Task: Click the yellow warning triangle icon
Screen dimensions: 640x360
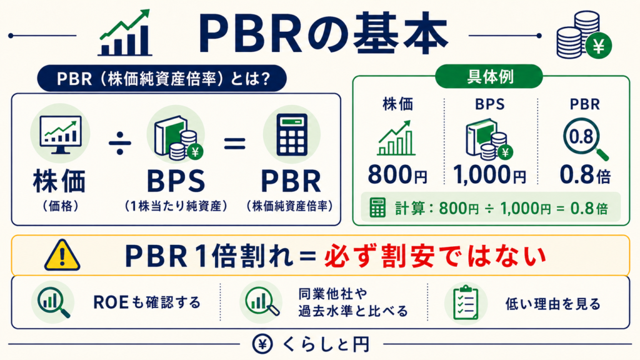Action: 62,255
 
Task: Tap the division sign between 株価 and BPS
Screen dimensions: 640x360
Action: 119,143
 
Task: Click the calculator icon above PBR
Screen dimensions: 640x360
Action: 291,135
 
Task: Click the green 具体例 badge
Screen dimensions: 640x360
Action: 489,76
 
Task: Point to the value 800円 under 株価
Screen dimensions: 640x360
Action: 397,175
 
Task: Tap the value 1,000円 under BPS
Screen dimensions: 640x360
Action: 489,175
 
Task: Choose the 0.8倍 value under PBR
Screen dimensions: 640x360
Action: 585,175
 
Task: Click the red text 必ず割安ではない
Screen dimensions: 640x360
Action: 435,256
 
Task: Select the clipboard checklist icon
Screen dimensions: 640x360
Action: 466,302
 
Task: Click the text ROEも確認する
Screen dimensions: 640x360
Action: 147,302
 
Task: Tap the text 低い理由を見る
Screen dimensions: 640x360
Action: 553,304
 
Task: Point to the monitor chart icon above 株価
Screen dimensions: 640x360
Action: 61,134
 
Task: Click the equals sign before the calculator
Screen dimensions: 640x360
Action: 235,143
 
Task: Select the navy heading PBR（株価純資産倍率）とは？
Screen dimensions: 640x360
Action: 162,78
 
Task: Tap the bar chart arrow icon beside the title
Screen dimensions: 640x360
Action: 125,32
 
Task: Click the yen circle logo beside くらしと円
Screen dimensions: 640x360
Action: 262,344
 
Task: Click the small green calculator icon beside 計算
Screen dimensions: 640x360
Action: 377,207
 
